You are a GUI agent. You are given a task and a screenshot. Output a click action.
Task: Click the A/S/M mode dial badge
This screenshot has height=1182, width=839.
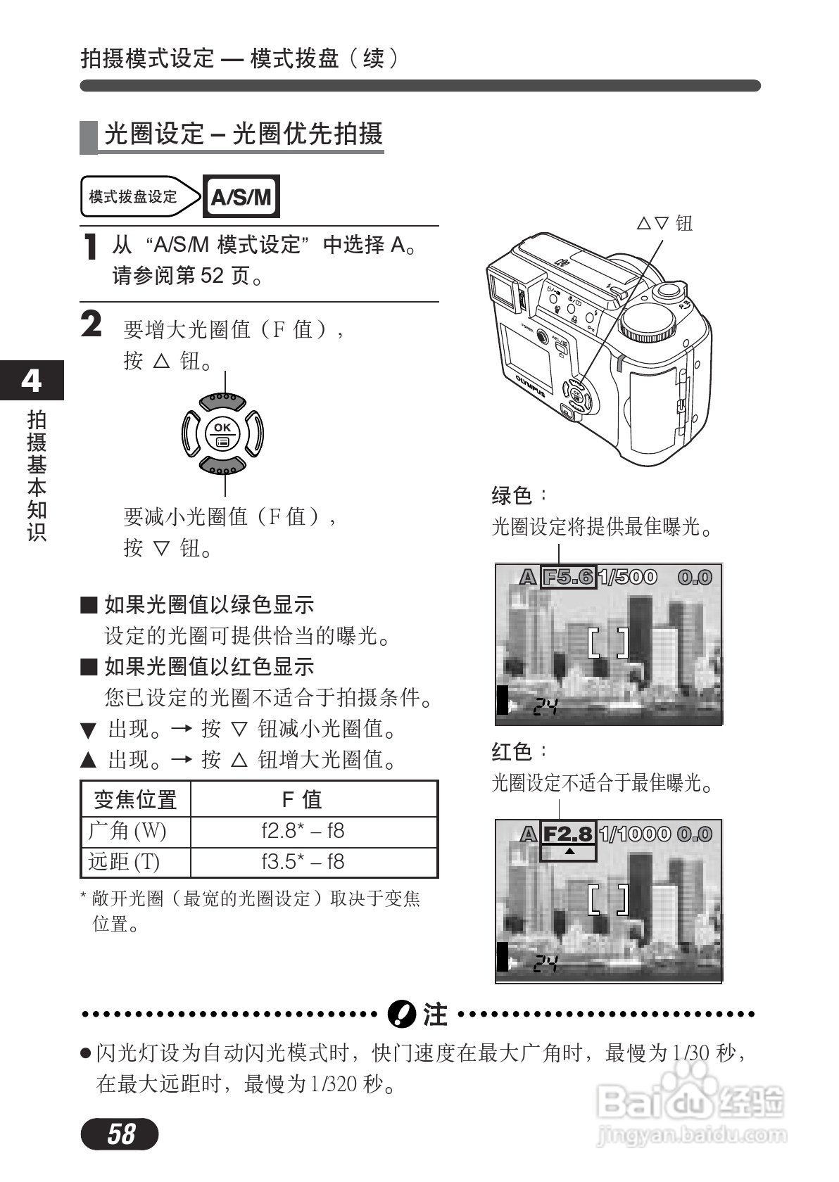[x=241, y=196]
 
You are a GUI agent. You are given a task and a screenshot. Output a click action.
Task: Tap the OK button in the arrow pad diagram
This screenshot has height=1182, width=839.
[x=222, y=434]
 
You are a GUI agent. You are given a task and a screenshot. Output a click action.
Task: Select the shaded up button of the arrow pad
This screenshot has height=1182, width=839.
[x=222, y=401]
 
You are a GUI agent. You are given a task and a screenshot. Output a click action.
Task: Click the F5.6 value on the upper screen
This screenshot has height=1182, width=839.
[x=568, y=578]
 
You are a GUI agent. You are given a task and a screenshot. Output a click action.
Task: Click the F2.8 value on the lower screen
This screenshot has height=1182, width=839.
[x=568, y=834]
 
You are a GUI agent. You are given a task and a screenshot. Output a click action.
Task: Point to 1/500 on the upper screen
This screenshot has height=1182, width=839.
[x=627, y=578]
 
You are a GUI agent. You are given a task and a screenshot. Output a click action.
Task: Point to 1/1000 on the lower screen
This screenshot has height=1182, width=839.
[x=635, y=834]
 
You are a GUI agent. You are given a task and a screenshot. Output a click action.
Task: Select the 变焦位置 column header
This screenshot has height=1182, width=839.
[x=135, y=799]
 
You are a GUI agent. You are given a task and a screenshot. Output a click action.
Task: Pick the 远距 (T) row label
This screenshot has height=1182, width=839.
[x=125, y=862]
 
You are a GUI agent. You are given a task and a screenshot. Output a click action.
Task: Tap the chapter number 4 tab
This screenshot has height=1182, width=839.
[x=31, y=380]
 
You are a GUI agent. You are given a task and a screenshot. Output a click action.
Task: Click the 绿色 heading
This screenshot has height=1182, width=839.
[x=512, y=495]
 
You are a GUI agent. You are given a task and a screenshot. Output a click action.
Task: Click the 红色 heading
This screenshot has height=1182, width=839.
[x=512, y=751]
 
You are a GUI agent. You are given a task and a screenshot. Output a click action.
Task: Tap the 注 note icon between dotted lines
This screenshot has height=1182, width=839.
[x=401, y=1013]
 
